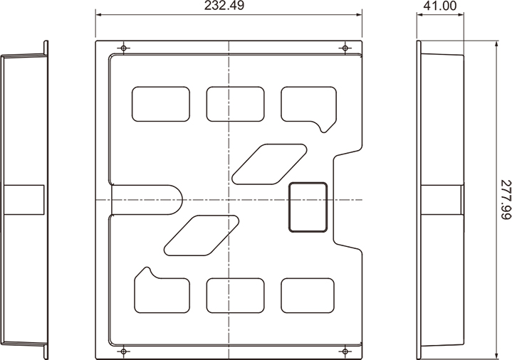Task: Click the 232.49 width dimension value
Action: (224, 6)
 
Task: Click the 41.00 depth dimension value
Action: (440, 6)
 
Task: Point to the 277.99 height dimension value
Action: (505, 200)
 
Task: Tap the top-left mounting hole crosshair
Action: (123, 48)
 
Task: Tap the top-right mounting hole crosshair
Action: (345, 48)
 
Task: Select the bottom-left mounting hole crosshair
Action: (123, 351)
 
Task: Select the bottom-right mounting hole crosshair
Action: (345, 351)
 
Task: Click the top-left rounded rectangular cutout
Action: (161, 104)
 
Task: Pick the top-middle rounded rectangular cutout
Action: (235, 104)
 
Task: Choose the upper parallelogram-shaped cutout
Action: (269, 164)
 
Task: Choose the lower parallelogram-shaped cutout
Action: (202, 235)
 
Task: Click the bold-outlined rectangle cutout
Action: (308, 207)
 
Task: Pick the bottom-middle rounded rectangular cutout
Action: (235, 296)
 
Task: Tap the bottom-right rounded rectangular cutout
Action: (308, 296)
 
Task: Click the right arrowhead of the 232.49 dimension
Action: (359, 14)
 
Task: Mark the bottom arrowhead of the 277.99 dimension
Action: (496, 356)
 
